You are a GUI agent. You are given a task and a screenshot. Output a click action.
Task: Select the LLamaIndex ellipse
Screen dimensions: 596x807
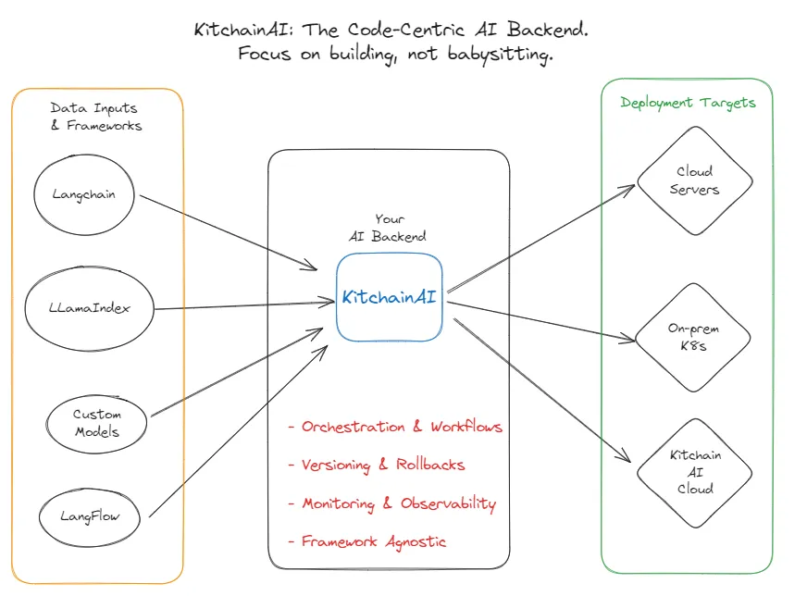[89, 308]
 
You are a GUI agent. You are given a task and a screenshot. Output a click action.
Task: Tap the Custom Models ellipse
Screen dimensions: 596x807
[96, 423]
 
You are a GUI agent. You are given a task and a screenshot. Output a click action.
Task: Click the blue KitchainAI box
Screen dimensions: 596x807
[389, 297]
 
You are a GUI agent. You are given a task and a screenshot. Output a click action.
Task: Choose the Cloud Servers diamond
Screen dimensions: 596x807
[694, 180]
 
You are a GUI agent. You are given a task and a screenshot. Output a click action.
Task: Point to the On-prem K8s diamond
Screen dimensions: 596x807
[693, 337]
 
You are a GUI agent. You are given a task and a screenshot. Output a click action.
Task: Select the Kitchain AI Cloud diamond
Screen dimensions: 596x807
[694, 472]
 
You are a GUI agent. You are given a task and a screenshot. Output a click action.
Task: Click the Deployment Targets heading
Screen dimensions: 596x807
[688, 103]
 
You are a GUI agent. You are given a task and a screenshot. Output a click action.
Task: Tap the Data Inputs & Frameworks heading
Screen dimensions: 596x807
[96, 117]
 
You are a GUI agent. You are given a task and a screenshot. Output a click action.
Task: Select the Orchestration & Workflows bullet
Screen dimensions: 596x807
[395, 427]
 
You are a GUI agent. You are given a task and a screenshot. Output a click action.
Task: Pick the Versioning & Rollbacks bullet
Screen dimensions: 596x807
[377, 465]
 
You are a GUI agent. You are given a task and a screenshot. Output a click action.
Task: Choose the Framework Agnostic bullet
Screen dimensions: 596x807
[367, 541]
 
